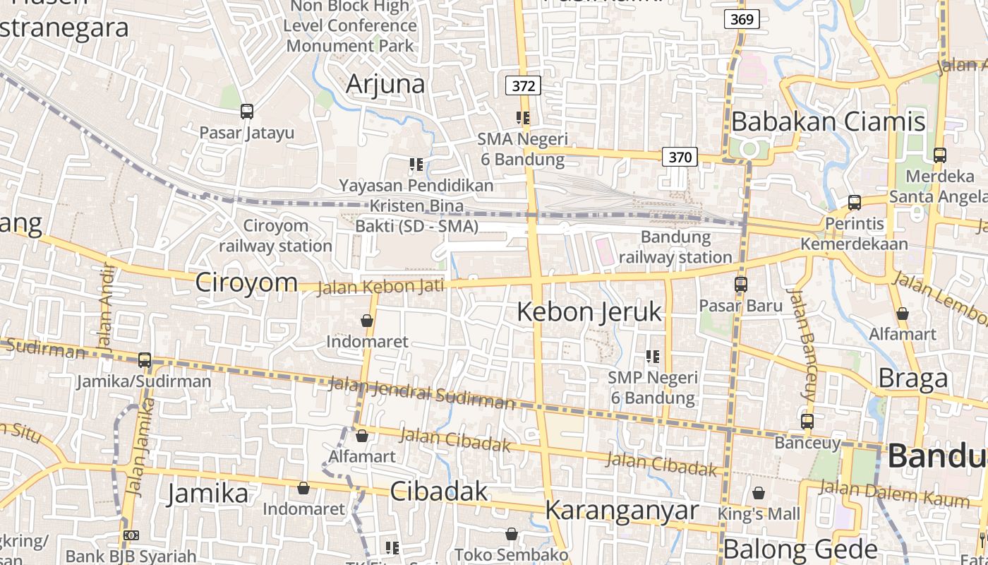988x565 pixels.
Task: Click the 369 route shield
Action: (x=742, y=19)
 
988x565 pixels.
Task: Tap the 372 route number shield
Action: (x=523, y=86)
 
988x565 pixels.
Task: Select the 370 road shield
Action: (x=680, y=157)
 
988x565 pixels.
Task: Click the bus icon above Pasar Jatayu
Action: (x=246, y=111)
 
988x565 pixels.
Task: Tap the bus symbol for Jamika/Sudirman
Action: (x=145, y=360)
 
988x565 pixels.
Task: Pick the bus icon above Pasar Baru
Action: (x=741, y=285)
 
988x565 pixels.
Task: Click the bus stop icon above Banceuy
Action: (x=807, y=422)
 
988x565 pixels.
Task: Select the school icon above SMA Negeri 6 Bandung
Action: (x=523, y=118)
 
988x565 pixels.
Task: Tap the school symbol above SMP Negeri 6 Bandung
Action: (x=653, y=357)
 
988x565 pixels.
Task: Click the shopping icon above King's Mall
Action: (x=759, y=493)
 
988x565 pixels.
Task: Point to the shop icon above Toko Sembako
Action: (x=512, y=534)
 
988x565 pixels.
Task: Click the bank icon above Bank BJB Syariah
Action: (x=131, y=535)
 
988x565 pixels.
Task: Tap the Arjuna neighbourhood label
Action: (x=385, y=84)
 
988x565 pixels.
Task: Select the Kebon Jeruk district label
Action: (x=589, y=311)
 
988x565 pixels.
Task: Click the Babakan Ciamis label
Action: (x=828, y=121)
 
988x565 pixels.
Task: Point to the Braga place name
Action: (x=913, y=379)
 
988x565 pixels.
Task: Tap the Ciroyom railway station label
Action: (x=275, y=236)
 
